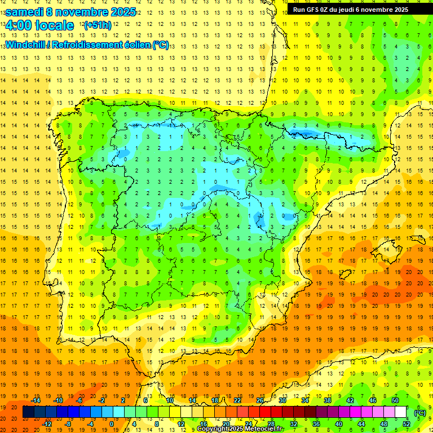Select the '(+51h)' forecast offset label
point(97,25)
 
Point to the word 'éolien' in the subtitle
point(134,45)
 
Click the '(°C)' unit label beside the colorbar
point(419,413)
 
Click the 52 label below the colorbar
point(406,424)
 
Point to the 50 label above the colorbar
point(395,400)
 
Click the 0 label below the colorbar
point(112,424)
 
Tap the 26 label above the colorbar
point(260,400)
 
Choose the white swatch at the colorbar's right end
point(400,412)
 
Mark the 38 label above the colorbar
point(328,400)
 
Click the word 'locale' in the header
point(54,25)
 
